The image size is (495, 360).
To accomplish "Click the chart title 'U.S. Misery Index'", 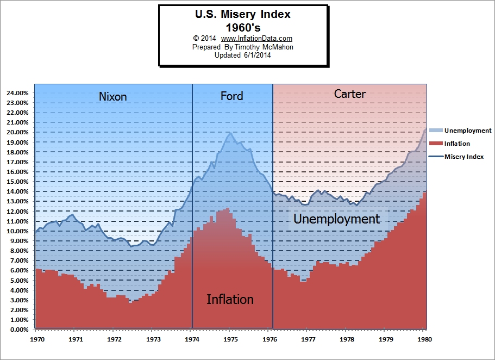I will pyautogui.click(x=242, y=15).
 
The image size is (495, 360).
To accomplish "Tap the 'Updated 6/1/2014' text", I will pyautogui.click(x=242, y=55).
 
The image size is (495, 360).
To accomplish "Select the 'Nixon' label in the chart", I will pyautogui.click(x=112, y=97).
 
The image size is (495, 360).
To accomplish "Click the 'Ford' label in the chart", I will pyautogui.click(x=231, y=96).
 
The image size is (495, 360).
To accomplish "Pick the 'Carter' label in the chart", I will pyautogui.click(x=349, y=94).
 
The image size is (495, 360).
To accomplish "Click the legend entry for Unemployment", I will pyautogui.click(x=467, y=131).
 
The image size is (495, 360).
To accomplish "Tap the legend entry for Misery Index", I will pyautogui.click(x=463, y=157).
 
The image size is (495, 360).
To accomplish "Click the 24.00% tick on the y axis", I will pyautogui.click(x=18, y=93).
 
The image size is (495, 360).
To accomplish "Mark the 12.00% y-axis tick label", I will pyautogui.click(x=18, y=212).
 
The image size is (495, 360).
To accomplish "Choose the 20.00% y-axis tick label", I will pyautogui.click(x=18, y=133).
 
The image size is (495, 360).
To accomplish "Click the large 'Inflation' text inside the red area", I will pyautogui.click(x=230, y=300).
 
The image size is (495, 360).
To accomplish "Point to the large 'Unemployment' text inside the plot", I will pyautogui.click(x=336, y=219).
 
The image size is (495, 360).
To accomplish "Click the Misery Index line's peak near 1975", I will pyautogui.click(x=230, y=133).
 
